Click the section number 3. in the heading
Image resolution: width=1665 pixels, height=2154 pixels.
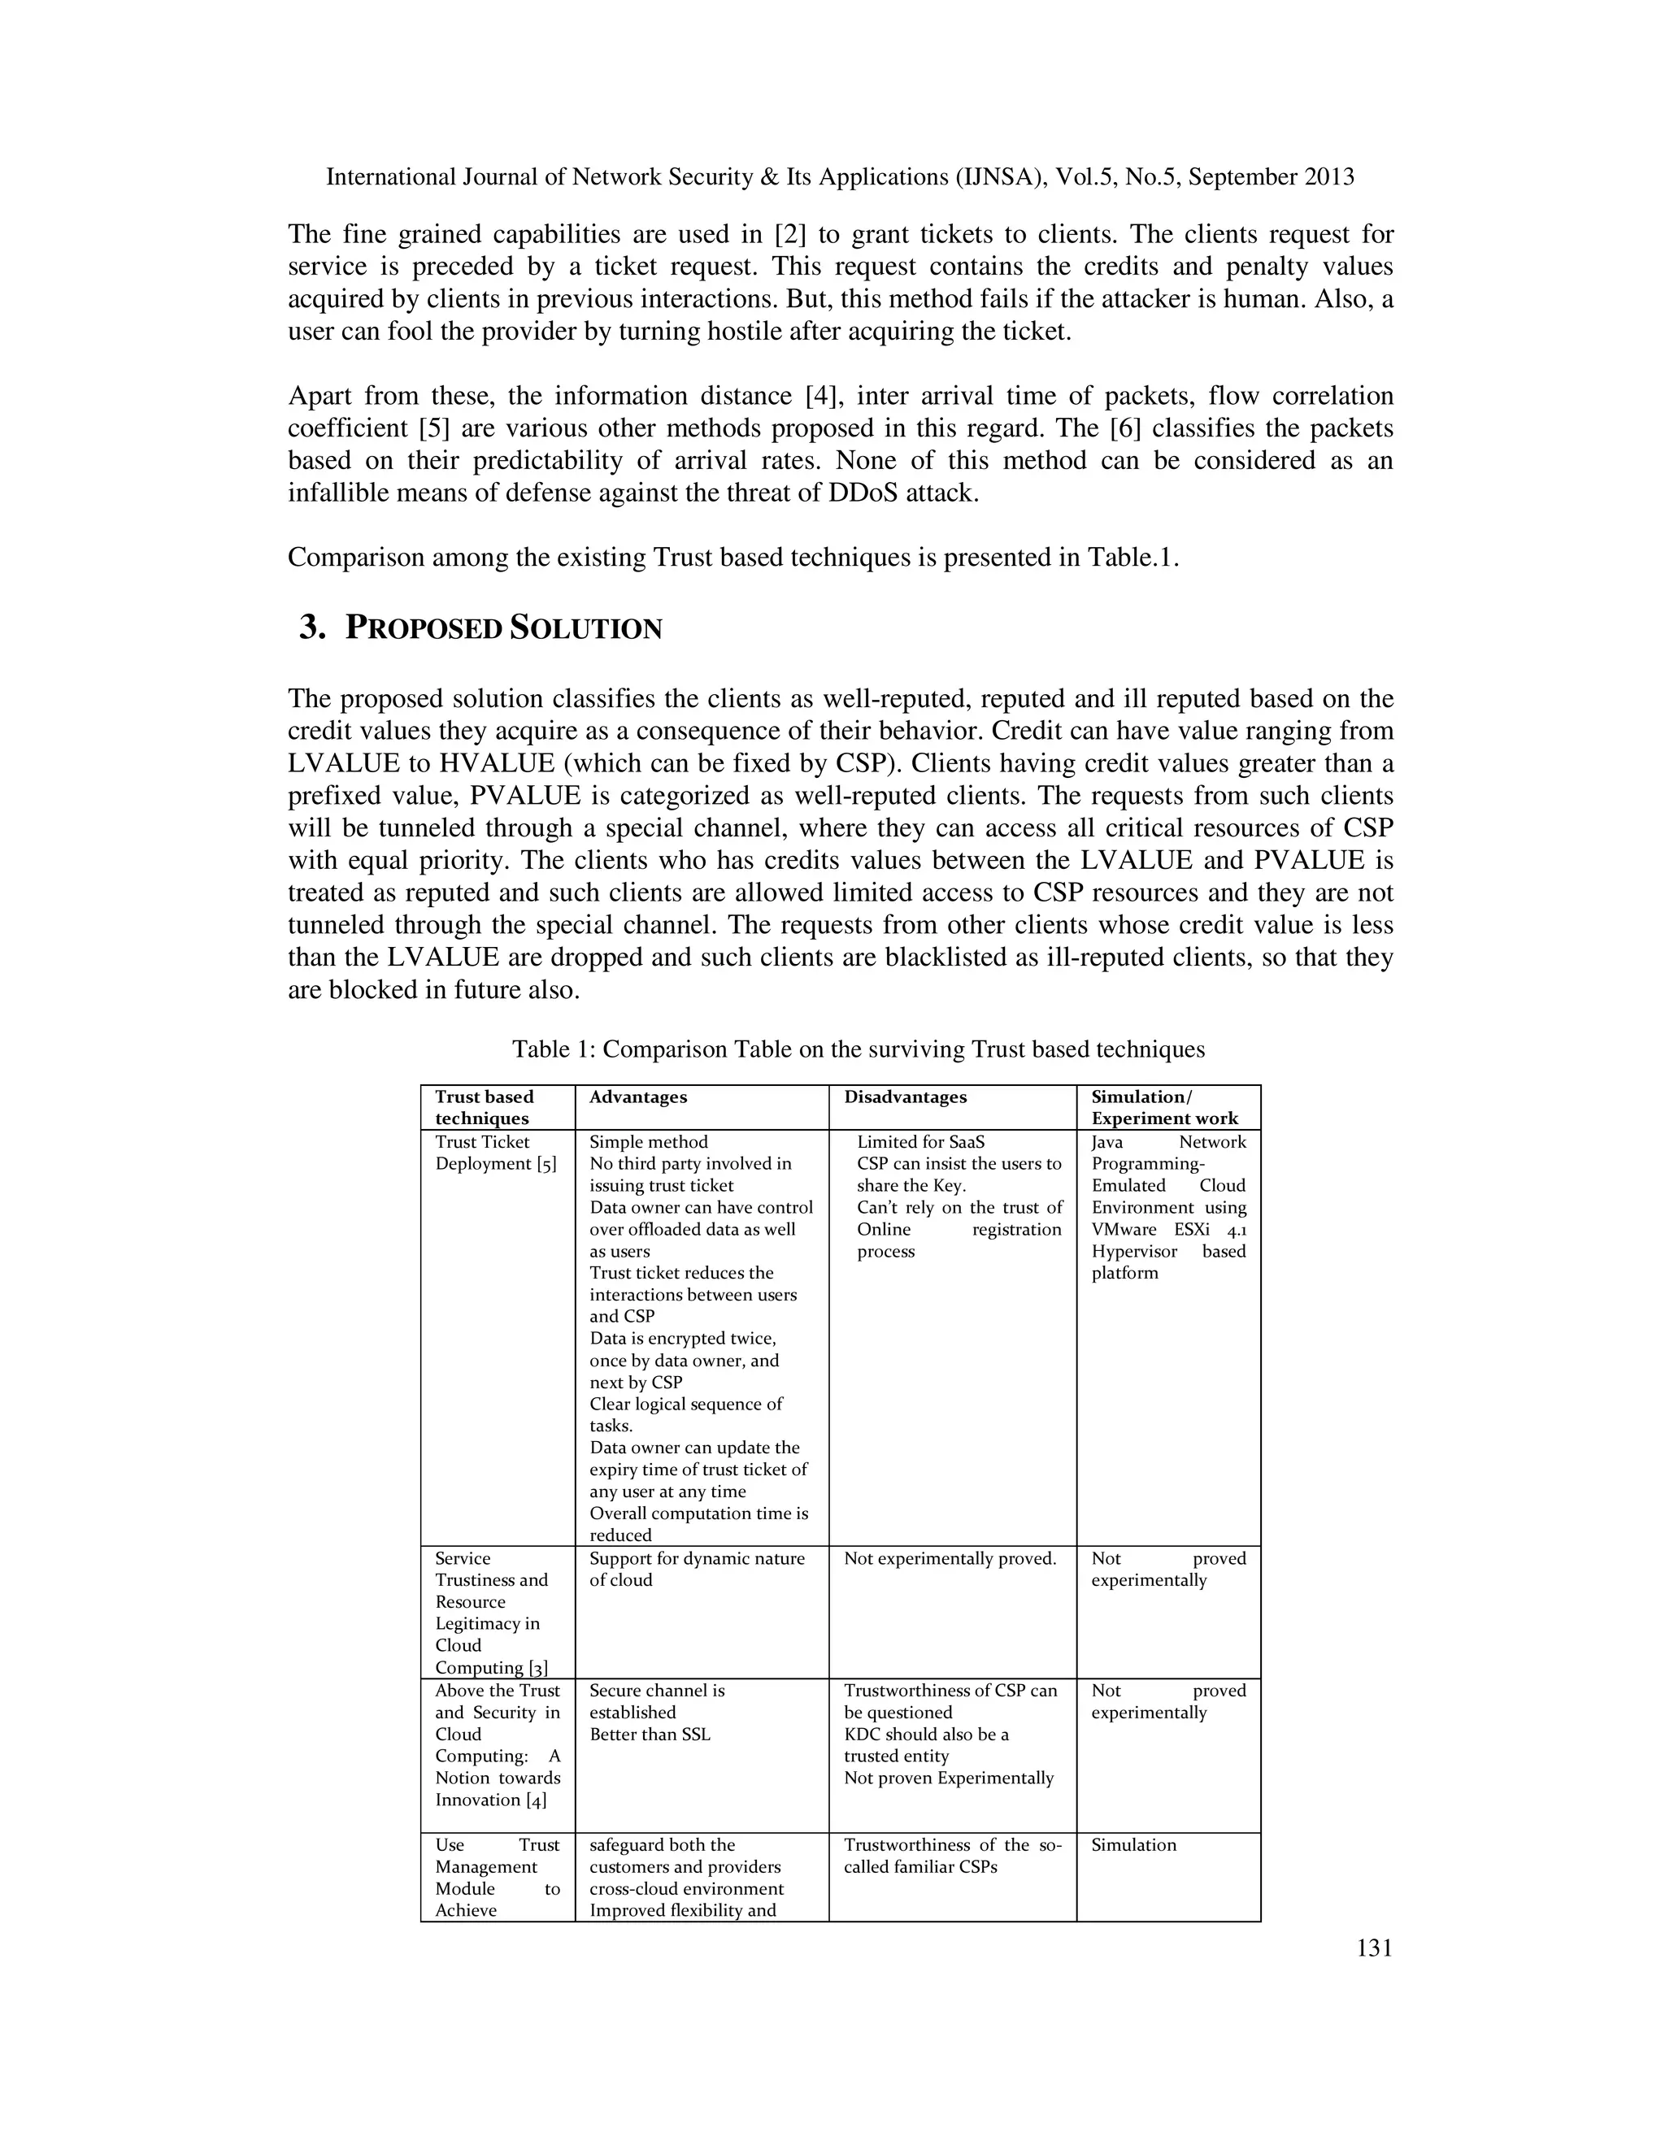click(313, 628)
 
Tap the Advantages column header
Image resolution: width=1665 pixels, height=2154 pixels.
click(637, 1097)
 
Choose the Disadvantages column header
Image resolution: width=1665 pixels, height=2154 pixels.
click(905, 1097)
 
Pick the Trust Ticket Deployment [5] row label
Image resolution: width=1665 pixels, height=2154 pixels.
click(495, 1152)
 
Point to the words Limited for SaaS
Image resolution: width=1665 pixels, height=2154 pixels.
click(920, 1141)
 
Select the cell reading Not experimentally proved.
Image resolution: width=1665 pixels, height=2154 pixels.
click(949, 1558)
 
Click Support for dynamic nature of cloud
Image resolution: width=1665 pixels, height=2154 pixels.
click(697, 1569)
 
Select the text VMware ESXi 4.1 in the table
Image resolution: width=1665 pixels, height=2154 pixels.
click(1168, 1229)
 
